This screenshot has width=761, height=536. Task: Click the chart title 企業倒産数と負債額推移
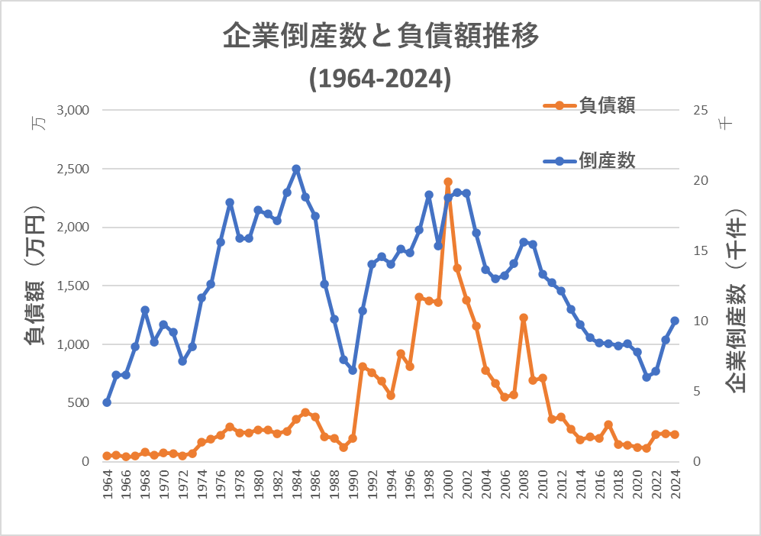(380, 37)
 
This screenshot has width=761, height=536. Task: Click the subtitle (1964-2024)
(380, 79)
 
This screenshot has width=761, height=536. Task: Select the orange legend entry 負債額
(607, 105)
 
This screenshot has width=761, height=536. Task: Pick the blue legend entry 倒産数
(607, 160)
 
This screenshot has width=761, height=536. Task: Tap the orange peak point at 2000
(448, 182)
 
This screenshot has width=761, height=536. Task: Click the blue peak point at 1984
(296, 169)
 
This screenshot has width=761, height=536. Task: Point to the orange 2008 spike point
(524, 318)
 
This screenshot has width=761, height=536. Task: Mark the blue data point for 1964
(107, 402)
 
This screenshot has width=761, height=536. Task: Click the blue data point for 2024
(675, 321)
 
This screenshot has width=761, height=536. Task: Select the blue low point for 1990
(353, 370)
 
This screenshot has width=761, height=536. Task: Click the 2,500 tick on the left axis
(73, 169)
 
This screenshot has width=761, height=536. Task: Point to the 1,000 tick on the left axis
(73, 344)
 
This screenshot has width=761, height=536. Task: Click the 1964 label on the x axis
(108, 486)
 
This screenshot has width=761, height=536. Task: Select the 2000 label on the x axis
(448, 486)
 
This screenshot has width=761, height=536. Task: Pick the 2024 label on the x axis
(676, 486)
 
